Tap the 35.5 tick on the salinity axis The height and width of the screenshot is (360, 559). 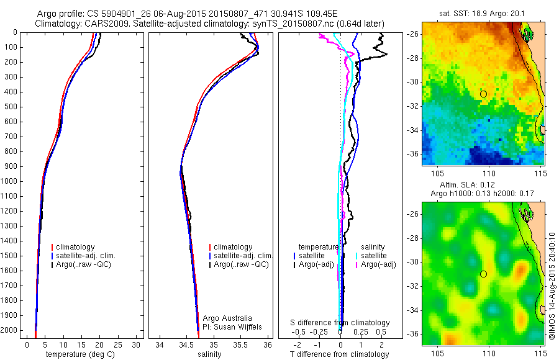(x=241, y=344)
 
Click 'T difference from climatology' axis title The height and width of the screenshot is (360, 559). (x=339, y=354)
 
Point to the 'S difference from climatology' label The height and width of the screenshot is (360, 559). (x=340, y=323)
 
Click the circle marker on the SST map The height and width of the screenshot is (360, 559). (x=483, y=94)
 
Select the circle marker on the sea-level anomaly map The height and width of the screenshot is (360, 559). (x=483, y=274)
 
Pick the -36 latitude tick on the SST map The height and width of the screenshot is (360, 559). (x=414, y=153)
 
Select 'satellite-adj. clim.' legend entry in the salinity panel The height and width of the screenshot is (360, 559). (x=243, y=256)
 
